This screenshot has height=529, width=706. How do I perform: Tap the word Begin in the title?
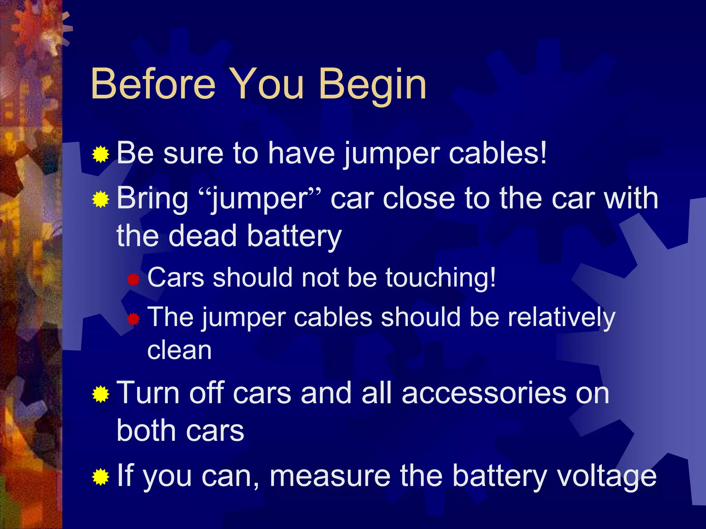click(x=372, y=86)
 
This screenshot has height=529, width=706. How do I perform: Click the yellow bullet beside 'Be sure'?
click(x=101, y=154)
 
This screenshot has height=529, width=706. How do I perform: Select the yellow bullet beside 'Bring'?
click(x=101, y=200)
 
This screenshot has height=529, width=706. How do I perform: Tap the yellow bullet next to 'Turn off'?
click(x=101, y=394)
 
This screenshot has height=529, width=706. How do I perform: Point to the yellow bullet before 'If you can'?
click(x=101, y=477)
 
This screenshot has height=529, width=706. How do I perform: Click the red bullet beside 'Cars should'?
click(x=133, y=279)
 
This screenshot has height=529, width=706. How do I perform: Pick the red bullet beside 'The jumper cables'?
click(x=133, y=319)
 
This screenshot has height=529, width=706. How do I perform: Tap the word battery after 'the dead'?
click(x=294, y=237)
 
